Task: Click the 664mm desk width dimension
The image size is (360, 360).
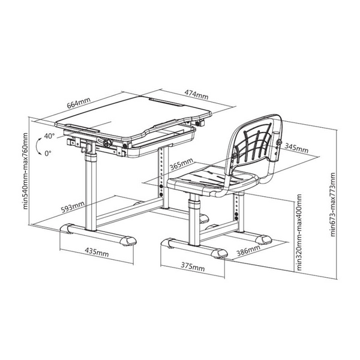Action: coord(79,103)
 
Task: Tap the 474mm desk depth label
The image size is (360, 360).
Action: coord(197,94)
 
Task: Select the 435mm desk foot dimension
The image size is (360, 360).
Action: coord(97,252)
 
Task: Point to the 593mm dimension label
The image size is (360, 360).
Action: coord(73,206)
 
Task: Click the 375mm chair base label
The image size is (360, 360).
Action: coord(193,266)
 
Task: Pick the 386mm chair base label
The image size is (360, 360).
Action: coord(248,250)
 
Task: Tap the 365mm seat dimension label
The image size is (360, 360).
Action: coord(181,164)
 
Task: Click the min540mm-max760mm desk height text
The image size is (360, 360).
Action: coord(25,171)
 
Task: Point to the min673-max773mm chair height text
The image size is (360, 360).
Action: coord(332,205)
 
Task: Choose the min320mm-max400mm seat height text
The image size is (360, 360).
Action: coord(299,232)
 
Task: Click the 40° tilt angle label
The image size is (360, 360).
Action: coord(49,136)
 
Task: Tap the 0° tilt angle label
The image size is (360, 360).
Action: coord(48,153)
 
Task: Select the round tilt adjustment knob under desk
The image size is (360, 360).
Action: coord(107,143)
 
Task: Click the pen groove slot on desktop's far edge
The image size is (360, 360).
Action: coord(166,102)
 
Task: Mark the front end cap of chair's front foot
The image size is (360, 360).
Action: coord(220,253)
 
